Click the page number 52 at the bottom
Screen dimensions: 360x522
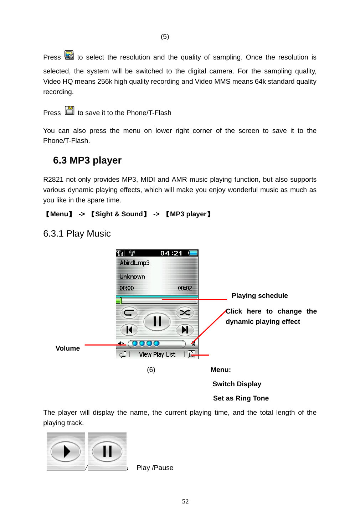coord(185,501)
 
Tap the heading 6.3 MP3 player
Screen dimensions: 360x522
coord(87,160)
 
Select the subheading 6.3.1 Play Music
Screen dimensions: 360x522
coord(77,234)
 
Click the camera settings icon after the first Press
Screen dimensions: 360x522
coord(69,55)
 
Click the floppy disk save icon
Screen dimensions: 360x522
coord(70,111)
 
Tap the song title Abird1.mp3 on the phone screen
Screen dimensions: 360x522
coord(134,263)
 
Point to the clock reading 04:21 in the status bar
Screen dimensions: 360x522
coord(171,253)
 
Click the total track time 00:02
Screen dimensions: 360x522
coord(185,288)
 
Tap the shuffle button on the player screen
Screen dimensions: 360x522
coord(185,313)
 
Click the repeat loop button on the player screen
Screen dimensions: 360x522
coord(129,313)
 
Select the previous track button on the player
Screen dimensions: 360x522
coord(129,330)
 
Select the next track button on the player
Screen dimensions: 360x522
coord(185,330)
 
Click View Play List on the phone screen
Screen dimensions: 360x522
coord(157,355)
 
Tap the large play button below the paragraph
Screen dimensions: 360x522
coord(66,451)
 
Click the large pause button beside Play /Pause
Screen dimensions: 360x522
coord(107,451)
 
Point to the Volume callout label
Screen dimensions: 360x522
coord(67,348)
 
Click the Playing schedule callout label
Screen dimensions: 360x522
coord(259,296)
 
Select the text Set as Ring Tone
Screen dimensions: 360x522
coord(241,398)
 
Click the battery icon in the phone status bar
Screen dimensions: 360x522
coord(193,253)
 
